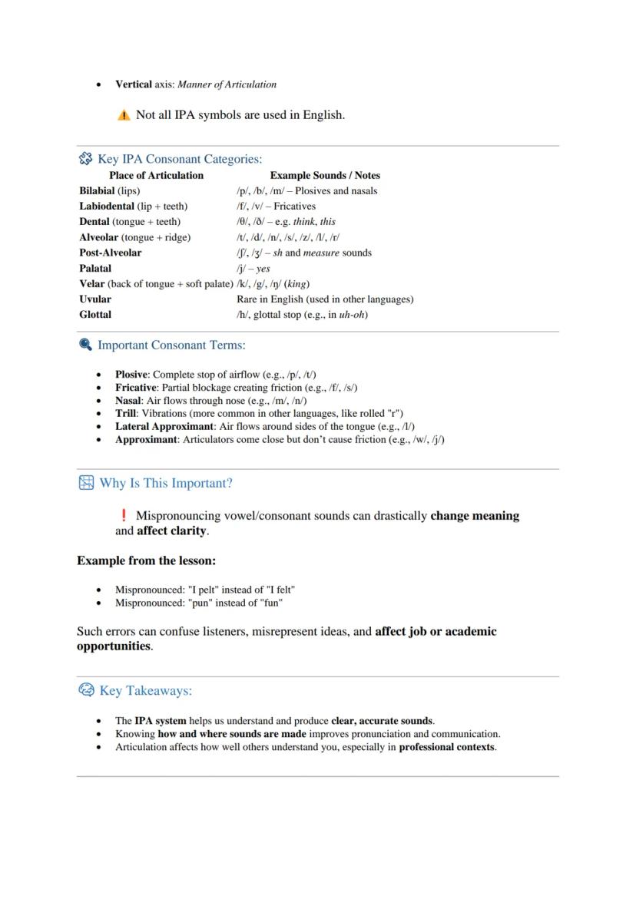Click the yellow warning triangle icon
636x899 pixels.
pos(124,115)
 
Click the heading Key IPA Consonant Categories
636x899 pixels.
pos(179,159)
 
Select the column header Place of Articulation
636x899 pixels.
pos(156,175)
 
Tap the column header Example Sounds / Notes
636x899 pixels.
pos(325,175)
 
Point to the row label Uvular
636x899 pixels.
pos(95,299)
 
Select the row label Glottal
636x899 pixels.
pos(95,314)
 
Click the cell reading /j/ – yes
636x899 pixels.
pos(253,269)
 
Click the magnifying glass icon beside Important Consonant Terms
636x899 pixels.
pos(85,345)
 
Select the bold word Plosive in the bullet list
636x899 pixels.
pos(131,375)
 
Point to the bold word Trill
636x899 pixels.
pos(126,413)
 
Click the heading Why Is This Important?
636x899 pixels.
pos(165,483)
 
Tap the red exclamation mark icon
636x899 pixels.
pos(124,515)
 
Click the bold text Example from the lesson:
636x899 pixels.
pos(146,560)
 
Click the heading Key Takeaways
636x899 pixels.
pos(145,690)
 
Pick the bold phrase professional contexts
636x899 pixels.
pos(447,747)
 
